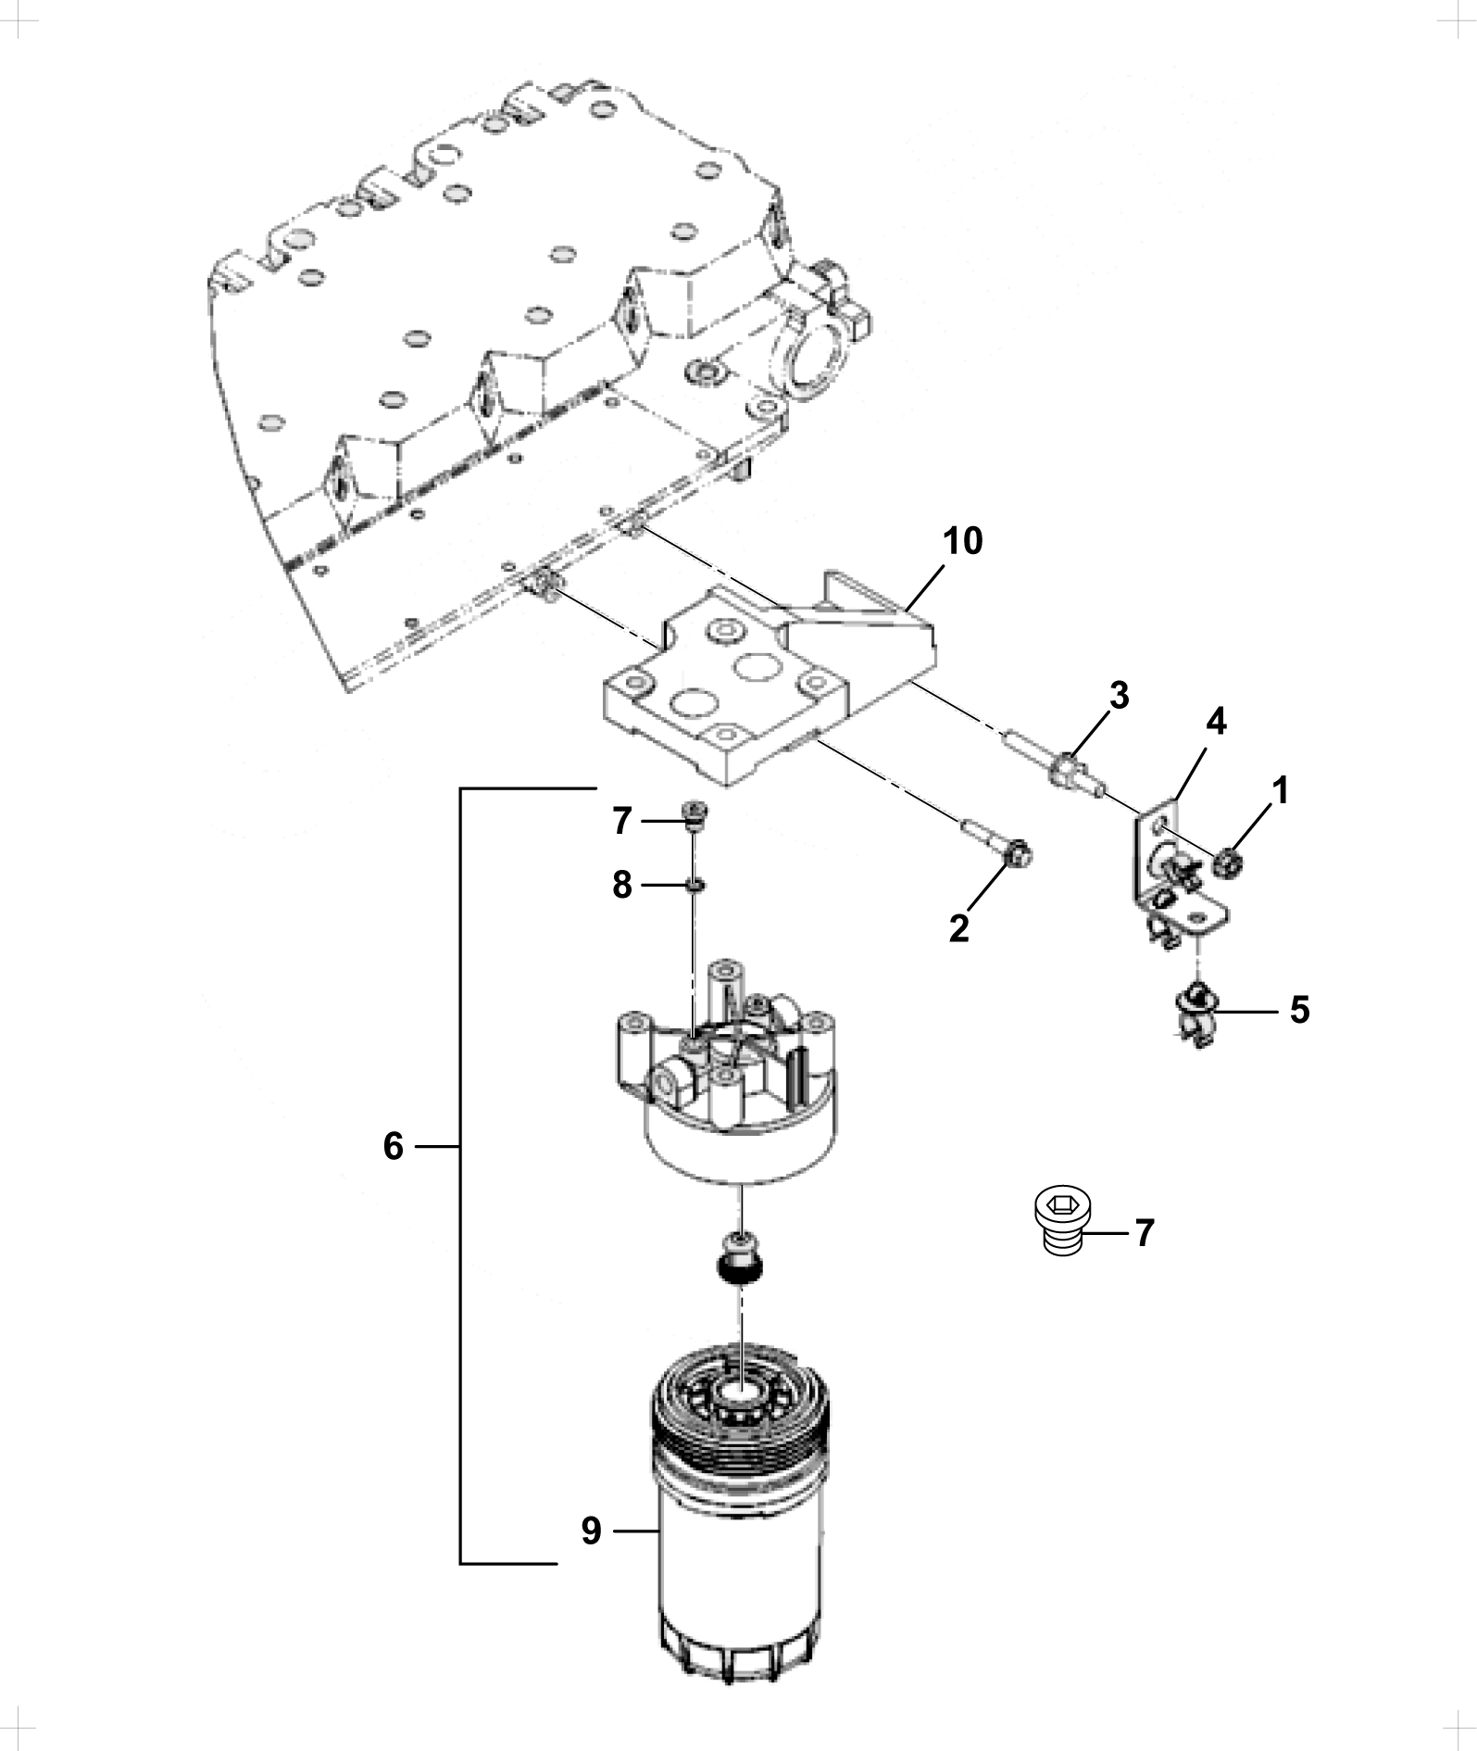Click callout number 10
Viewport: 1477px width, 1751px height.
pos(962,541)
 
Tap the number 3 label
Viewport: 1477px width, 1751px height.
pos(1120,696)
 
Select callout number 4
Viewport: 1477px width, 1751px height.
pos(1216,722)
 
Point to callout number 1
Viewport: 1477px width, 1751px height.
pos(1280,791)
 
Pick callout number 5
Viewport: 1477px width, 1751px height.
pos(1300,1011)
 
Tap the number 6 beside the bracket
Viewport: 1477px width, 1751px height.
pos(394,1147)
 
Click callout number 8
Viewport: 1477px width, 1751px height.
pos(622,885)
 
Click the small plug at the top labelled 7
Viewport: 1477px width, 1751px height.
pos(694,813)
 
